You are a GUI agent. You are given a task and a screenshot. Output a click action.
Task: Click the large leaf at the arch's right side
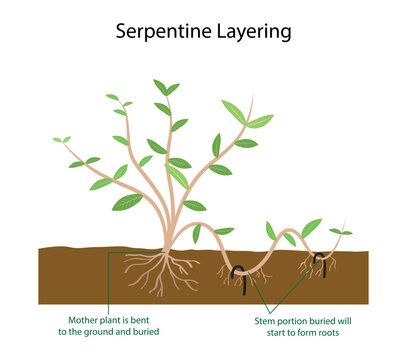click(x=312, y=227)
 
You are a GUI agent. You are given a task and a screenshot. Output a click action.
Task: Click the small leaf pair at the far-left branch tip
click(x=62, y=140)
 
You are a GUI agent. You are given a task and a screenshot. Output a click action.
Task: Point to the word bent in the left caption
click(x=147, y=317)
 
